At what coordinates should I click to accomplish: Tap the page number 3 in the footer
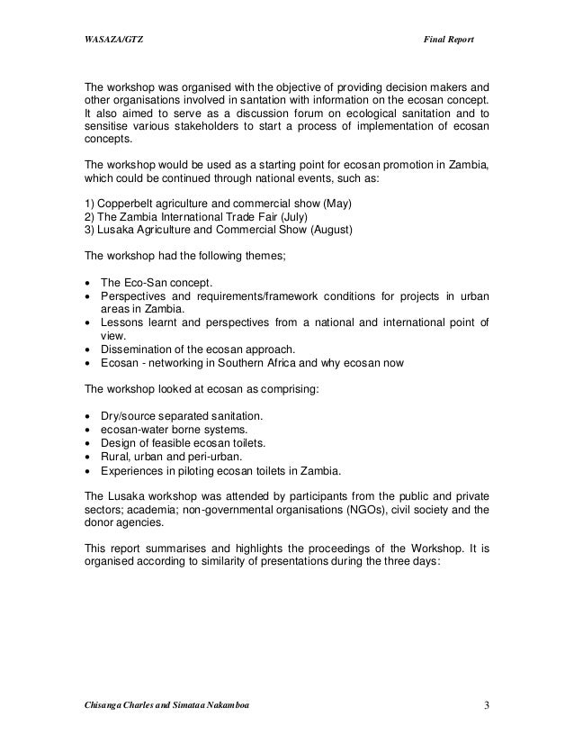click(x=486, y=703)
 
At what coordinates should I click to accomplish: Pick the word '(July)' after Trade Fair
click(x=288, y=215)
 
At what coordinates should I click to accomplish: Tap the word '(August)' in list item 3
click(x=329, y=230)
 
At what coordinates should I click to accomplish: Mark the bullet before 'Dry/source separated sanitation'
click(x=86, y=415)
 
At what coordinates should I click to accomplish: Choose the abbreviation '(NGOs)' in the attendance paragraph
click(x=368, y=509)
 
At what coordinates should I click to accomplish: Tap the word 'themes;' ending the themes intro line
click(x=265, y=257)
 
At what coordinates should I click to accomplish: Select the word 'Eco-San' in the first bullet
click(x=144, y=283)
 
